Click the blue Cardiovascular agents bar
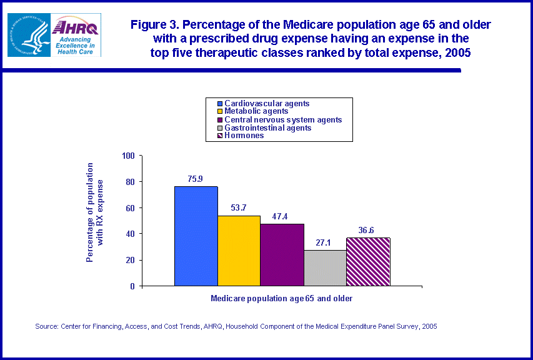(196, 236)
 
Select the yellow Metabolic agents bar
(239, 250)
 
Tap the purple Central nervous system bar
(282, 254)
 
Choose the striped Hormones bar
(368, 261)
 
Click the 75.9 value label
(196, 179)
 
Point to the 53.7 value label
(239, 207)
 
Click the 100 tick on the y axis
(128, 156)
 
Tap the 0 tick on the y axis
(132, 286)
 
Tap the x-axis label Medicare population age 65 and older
(281, 299)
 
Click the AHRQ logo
(74, 35)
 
